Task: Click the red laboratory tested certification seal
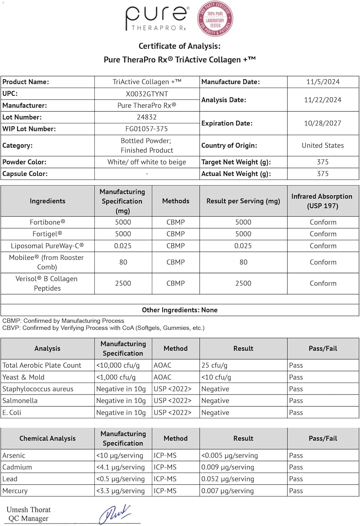(x=215, y=19)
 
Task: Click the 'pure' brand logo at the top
(x=157, y=18)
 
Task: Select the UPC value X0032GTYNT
(x=147, y=94)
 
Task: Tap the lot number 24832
(x=147, y=117)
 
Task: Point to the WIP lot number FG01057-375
(x=147, y=129)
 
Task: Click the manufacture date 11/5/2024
(x=323, y=82)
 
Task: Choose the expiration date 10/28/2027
(x=322, y=123)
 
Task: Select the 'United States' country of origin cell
(x=322, y=146)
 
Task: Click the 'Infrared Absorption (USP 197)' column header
(x=322, y=201)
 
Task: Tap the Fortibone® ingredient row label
(x=47, y=222)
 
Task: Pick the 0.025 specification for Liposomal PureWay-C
(x=123, y=246)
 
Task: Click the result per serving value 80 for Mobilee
(x=244, y=262)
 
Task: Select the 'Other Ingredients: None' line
(x=180, y=310)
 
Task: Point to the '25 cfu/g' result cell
(x=214, y=365)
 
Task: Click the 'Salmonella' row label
(x=20, y=401)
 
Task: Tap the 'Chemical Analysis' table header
(x=47, y=439)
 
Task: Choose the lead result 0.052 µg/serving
(x=227, y=479)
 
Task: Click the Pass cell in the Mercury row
(x=296, y=491)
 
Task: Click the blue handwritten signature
(x=115, y=514)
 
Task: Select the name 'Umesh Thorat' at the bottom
(x=28, y=510)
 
